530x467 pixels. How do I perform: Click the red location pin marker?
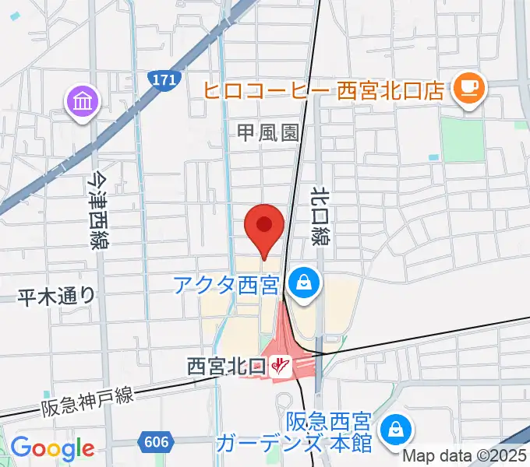(263, 226)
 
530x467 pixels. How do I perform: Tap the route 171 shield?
(164, 79)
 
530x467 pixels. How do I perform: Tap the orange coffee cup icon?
(469, 87)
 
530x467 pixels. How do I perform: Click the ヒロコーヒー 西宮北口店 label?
(323, 90)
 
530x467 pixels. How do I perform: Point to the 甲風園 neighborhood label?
(268, 132)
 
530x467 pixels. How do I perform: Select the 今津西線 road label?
(97, 210)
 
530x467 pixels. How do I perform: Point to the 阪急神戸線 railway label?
(87, 401)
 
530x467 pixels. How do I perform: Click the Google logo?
(52, 448)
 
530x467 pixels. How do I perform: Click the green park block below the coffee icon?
(462, 139)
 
